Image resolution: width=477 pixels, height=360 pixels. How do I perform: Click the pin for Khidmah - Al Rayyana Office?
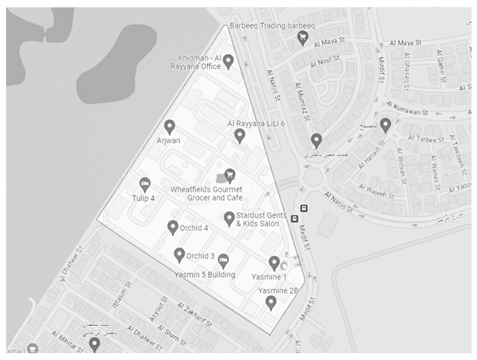230,61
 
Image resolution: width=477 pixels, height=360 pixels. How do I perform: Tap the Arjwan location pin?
170,126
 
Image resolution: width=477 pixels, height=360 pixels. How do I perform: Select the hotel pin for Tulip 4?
144,184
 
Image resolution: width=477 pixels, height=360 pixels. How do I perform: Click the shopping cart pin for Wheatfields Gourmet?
230,175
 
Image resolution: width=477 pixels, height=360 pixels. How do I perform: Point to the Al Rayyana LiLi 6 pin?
239,135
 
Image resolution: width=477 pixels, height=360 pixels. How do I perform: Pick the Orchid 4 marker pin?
173,227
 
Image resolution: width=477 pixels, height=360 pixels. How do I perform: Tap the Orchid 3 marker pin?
179,255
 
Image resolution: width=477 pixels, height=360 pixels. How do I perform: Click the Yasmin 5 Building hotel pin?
223,260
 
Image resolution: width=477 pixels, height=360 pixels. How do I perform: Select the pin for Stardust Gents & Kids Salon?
230,218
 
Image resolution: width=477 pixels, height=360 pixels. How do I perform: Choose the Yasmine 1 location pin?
274,262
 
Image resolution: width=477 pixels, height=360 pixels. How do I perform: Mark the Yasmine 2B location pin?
271,302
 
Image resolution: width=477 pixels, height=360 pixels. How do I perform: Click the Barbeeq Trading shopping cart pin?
303,38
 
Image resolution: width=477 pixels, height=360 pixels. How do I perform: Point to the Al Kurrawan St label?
407,109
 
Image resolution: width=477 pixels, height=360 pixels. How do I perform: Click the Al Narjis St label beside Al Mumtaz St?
274,85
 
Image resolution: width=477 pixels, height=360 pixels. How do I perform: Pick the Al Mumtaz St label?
300,100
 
